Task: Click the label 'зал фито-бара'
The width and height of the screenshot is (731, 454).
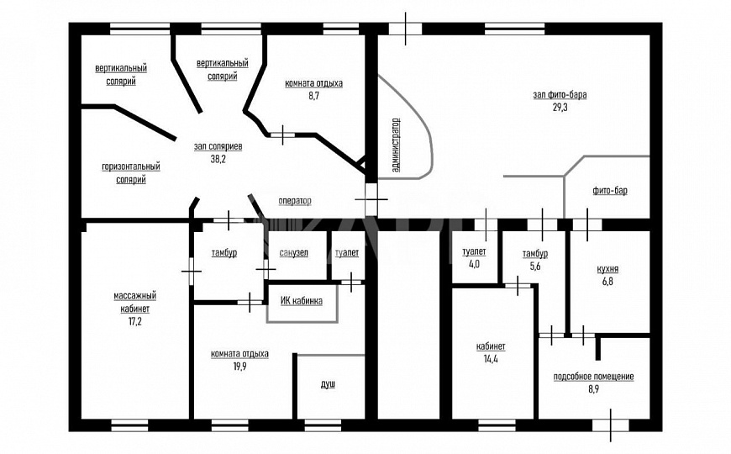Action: [x=560, y=95]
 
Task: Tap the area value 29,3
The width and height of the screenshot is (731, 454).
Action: [x=560, y=108]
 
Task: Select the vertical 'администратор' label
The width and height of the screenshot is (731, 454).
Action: [x=397, y=145]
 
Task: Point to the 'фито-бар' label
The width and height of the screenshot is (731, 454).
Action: [x=609, y=191]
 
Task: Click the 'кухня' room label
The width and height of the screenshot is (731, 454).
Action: [x=607, y=269]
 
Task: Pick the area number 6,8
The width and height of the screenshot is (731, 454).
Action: [x=607, y=282]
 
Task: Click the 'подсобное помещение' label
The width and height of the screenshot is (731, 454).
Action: [x=593, y=377]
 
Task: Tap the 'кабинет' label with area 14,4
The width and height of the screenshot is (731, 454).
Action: [x=490, y=346]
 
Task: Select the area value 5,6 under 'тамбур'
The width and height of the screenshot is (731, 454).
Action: [x=534, y=266]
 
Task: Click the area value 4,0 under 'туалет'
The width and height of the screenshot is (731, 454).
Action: [x=474, y=264]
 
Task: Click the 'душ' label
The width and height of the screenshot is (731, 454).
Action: [x=328, y=384]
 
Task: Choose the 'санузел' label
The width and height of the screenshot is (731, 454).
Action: [x=293, y=252]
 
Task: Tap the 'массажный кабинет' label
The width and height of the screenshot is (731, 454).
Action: [x=135, y=302]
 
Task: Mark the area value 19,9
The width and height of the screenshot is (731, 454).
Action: [x=239, y=367]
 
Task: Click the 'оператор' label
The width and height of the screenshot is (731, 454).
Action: [x=295, y=201]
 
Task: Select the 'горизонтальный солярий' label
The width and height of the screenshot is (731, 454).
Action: [x=131, y=173]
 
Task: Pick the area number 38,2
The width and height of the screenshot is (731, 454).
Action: [x=218, y=158]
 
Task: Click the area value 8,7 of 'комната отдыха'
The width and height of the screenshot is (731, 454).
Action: [x=313, y=97]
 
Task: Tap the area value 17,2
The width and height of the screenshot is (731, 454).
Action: [x=135, y=321]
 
